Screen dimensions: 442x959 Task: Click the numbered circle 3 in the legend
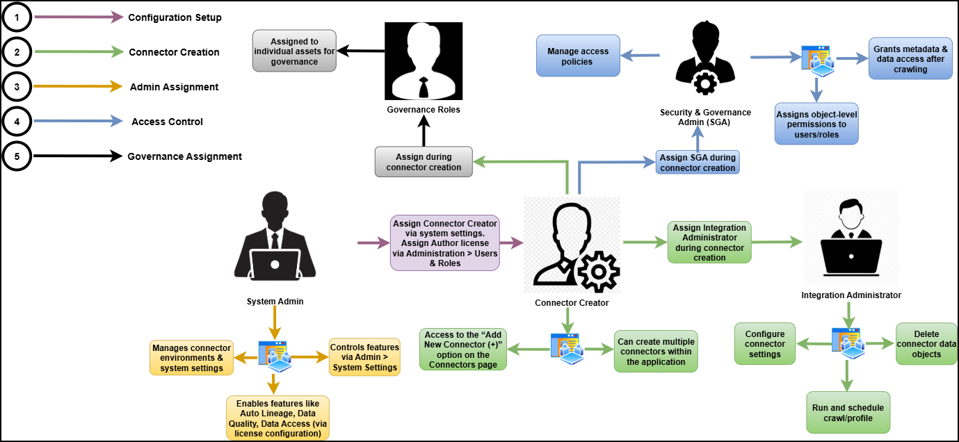(17, 87)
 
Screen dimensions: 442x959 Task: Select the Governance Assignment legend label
(184, 156)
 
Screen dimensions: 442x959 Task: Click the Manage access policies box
(578, 56)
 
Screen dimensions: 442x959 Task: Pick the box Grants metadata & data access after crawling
(910, 59)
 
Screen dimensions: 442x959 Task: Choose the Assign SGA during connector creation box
(698, 163)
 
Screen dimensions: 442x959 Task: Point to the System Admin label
(275, 302)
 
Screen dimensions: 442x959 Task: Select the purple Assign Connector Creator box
(445, 243)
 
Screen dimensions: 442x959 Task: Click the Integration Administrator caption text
(851, 295)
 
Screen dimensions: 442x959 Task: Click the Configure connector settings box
(765, 344)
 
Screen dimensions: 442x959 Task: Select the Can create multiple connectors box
(655, 352)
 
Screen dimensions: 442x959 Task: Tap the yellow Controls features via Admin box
(364, 357)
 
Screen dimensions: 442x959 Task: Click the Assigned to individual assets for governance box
(295, 51)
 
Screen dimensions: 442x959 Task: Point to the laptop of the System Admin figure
(275, 264)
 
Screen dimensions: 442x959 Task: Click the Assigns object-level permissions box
(816, 124)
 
